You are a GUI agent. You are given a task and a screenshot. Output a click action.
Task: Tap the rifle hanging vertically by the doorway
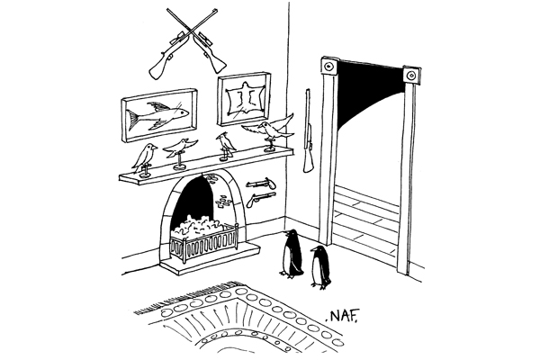tap(310, 130)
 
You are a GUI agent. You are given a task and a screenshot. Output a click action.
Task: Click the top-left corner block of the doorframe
tap(328, 66)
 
